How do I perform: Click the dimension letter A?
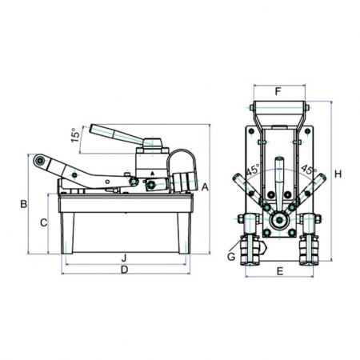click(205, 187)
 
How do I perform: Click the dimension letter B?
click(24, 204)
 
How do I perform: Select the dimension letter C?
click(43, 222)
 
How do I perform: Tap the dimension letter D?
click(124, 270)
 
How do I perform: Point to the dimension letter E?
click(280, 272)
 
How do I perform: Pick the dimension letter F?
click(278, 92)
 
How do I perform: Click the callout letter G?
click(231, 257)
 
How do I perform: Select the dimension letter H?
click(338, 174)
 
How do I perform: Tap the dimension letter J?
click(123, 258)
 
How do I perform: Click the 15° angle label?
click(75, 135)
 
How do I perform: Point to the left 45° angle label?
click(253, 170)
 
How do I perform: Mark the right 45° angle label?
click(309, 170)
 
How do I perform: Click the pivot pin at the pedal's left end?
click(40, 160)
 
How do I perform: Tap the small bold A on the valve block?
click(152, 174)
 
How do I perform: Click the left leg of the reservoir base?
click(67, 233)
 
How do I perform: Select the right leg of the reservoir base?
click(184, 233)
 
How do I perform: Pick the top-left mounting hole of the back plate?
click(251, 131)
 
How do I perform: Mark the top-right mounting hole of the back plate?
click(307, 131)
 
